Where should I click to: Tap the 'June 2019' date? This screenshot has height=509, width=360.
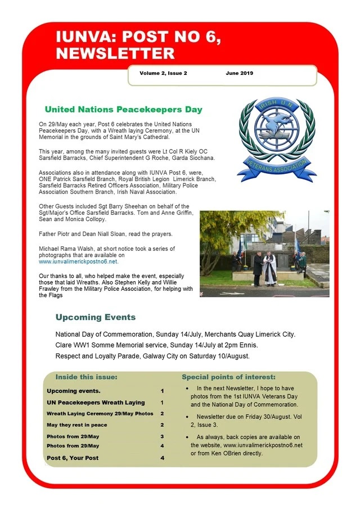(240, 73)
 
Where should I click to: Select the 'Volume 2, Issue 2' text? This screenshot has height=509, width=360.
(163, 73)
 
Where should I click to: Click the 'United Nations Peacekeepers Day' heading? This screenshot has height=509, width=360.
(123, 110)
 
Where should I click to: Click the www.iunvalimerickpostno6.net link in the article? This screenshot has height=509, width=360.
(79, 262)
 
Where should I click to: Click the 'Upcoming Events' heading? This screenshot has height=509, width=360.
(95, 317)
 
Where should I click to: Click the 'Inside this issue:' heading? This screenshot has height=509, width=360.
(86, 376)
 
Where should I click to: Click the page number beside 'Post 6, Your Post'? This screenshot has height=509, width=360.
(163, 458)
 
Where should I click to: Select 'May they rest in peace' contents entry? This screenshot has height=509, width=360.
(76, 425)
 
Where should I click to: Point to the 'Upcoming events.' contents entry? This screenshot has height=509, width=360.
(74, 390)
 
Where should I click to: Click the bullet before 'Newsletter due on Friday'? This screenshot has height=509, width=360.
(187, 417)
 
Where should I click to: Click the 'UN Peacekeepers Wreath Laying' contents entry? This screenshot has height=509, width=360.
(96, 403)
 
